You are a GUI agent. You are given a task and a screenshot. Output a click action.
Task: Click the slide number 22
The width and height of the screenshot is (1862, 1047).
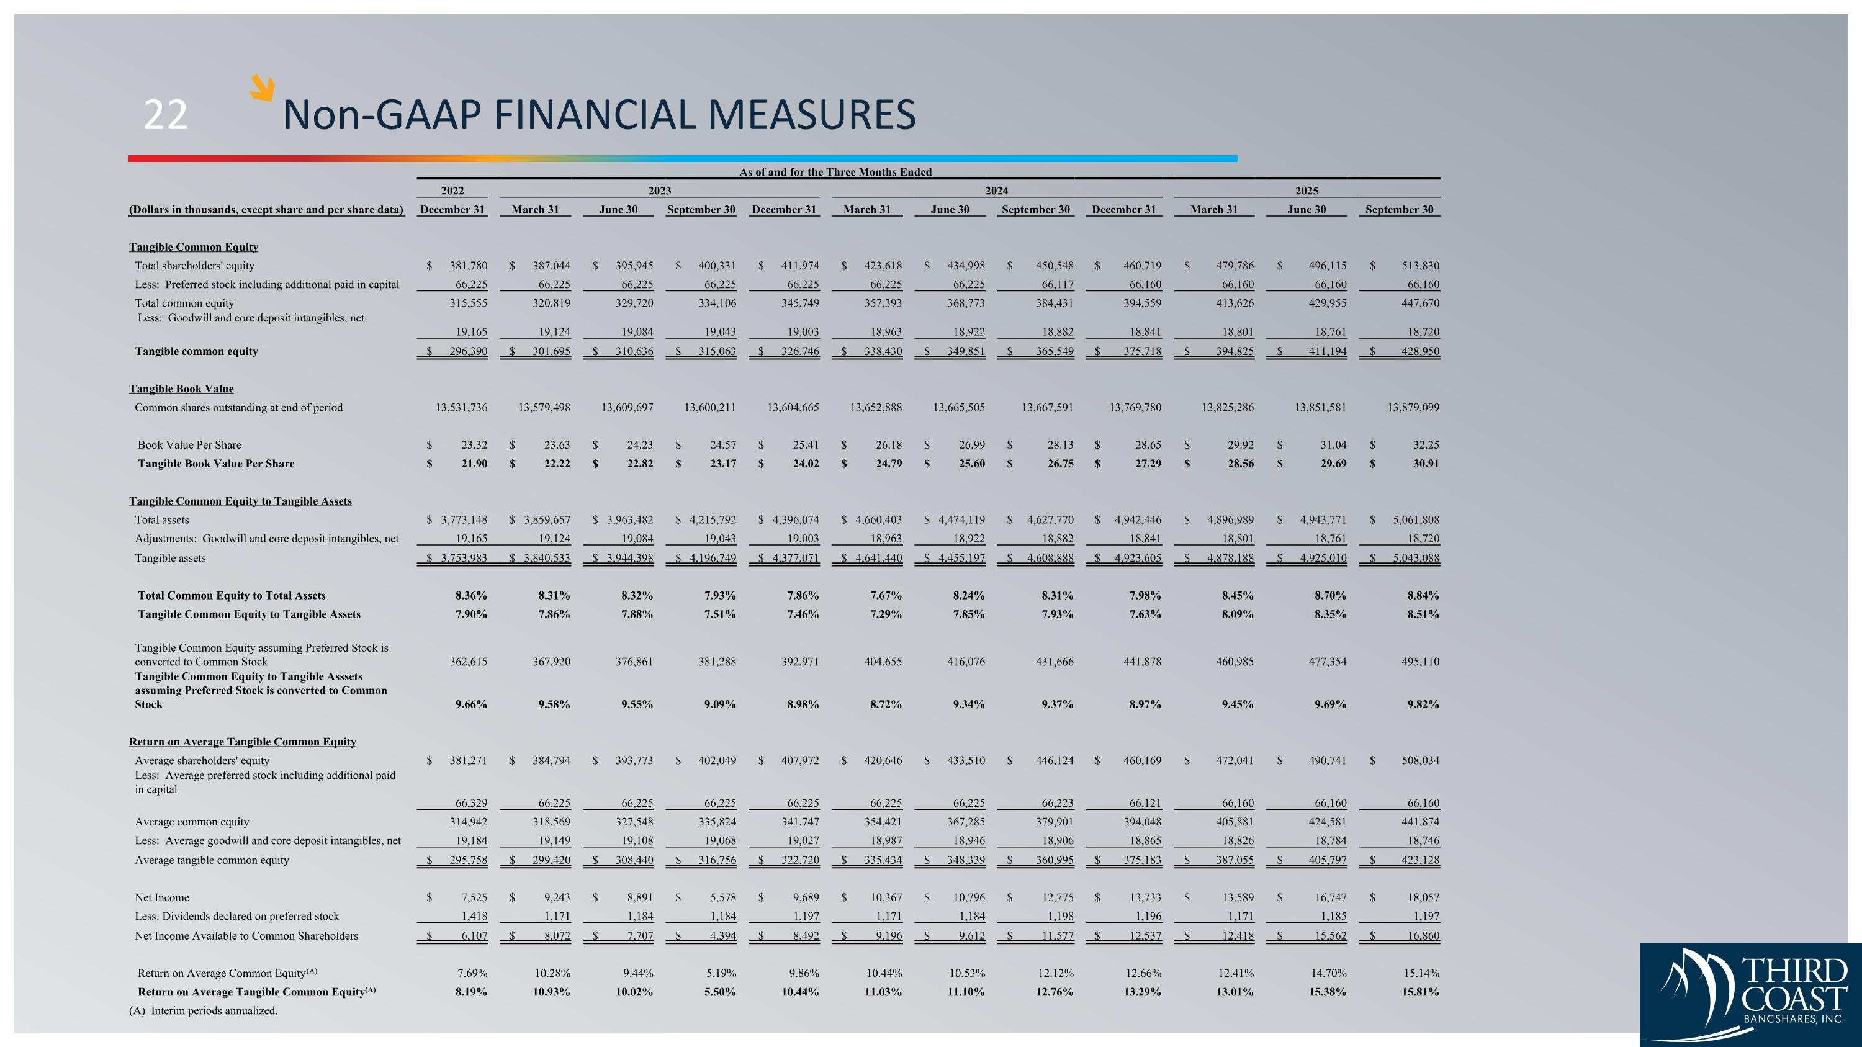[x=166, y=115]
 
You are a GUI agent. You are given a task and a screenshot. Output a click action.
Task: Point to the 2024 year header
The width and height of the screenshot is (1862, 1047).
[x=996, y=191]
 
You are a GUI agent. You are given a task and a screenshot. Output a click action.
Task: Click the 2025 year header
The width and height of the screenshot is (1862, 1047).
[x=1306, y=191]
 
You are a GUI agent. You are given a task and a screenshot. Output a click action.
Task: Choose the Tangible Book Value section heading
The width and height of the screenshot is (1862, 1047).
[x=181, y=389]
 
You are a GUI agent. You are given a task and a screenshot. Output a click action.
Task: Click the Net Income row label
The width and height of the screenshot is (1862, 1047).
[x=162, y=897]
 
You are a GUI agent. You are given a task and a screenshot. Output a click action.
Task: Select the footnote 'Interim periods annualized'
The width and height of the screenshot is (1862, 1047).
[x=203, y=1011]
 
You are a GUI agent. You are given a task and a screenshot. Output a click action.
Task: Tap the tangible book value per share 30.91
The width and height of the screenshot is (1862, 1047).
[x=1426, y=464]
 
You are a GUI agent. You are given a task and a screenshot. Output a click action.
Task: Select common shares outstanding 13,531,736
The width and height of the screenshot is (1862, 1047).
[x=461, y=408]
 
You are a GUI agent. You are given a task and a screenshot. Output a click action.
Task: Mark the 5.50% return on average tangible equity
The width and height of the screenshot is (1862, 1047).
[x=720, y=992]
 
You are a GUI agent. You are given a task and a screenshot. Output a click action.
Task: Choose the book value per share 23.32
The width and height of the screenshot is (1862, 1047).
[x=474, y=445]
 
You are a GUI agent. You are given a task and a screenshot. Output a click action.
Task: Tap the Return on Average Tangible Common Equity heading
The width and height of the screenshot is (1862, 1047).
[x=243, y=742]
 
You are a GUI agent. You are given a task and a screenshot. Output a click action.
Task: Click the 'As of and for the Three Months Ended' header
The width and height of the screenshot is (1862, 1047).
[x=835, y=172]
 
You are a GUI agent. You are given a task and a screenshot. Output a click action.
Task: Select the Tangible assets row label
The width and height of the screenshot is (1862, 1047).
[x=170, y=558]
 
